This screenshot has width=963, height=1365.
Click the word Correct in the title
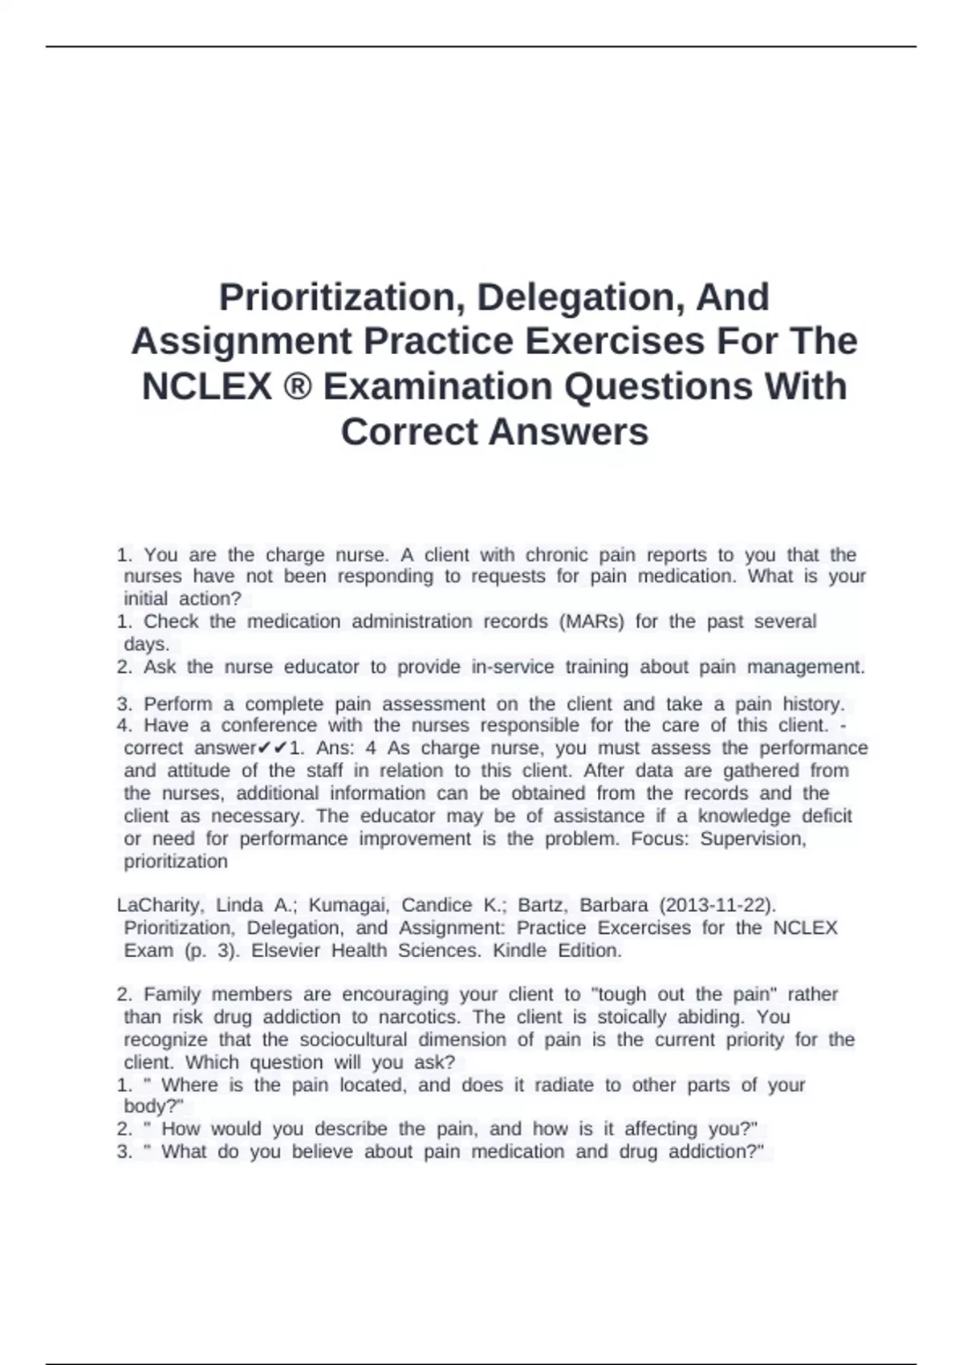tap(409, 432)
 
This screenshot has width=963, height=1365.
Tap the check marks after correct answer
tap(274, 748)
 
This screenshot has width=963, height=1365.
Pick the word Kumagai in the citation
tap(348, 905)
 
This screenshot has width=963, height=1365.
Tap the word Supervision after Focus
tap(752, 839)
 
